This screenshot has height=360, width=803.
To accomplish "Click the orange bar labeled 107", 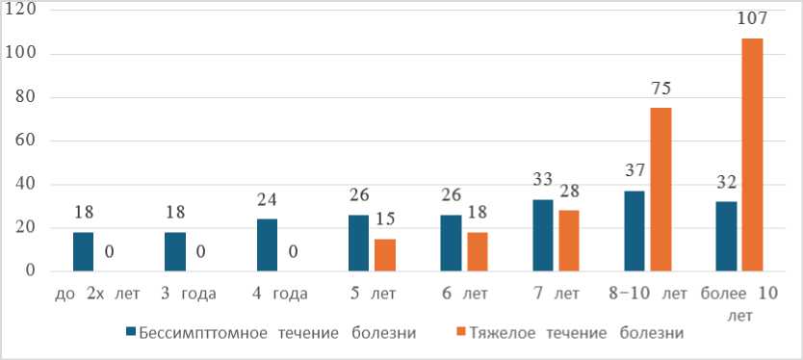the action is [x=752, y=155].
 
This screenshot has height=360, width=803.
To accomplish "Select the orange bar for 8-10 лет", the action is [x=661, y=190].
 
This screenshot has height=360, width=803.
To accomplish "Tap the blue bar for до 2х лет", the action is [x=84, y=252].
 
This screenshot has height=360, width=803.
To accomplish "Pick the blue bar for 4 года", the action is [x=268, y=245].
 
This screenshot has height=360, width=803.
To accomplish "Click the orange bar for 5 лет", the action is [x=385, y=255].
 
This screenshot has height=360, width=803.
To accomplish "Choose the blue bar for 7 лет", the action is [x=543, y=236].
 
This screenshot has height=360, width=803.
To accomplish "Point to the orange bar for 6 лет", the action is [x=478, y=252].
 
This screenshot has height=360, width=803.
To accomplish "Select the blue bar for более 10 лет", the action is [x=726, y=237].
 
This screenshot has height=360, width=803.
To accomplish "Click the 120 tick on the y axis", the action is [x=19, y=12].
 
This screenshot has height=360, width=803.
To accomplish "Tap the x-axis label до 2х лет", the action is [x=96, y=295].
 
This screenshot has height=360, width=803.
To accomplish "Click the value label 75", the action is [x=661, y=90].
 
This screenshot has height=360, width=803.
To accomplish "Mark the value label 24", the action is [x=268, y=200].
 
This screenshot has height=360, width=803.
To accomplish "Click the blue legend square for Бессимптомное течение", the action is [x=131, y=332].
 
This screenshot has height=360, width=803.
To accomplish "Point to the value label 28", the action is [x=569, y=191].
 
